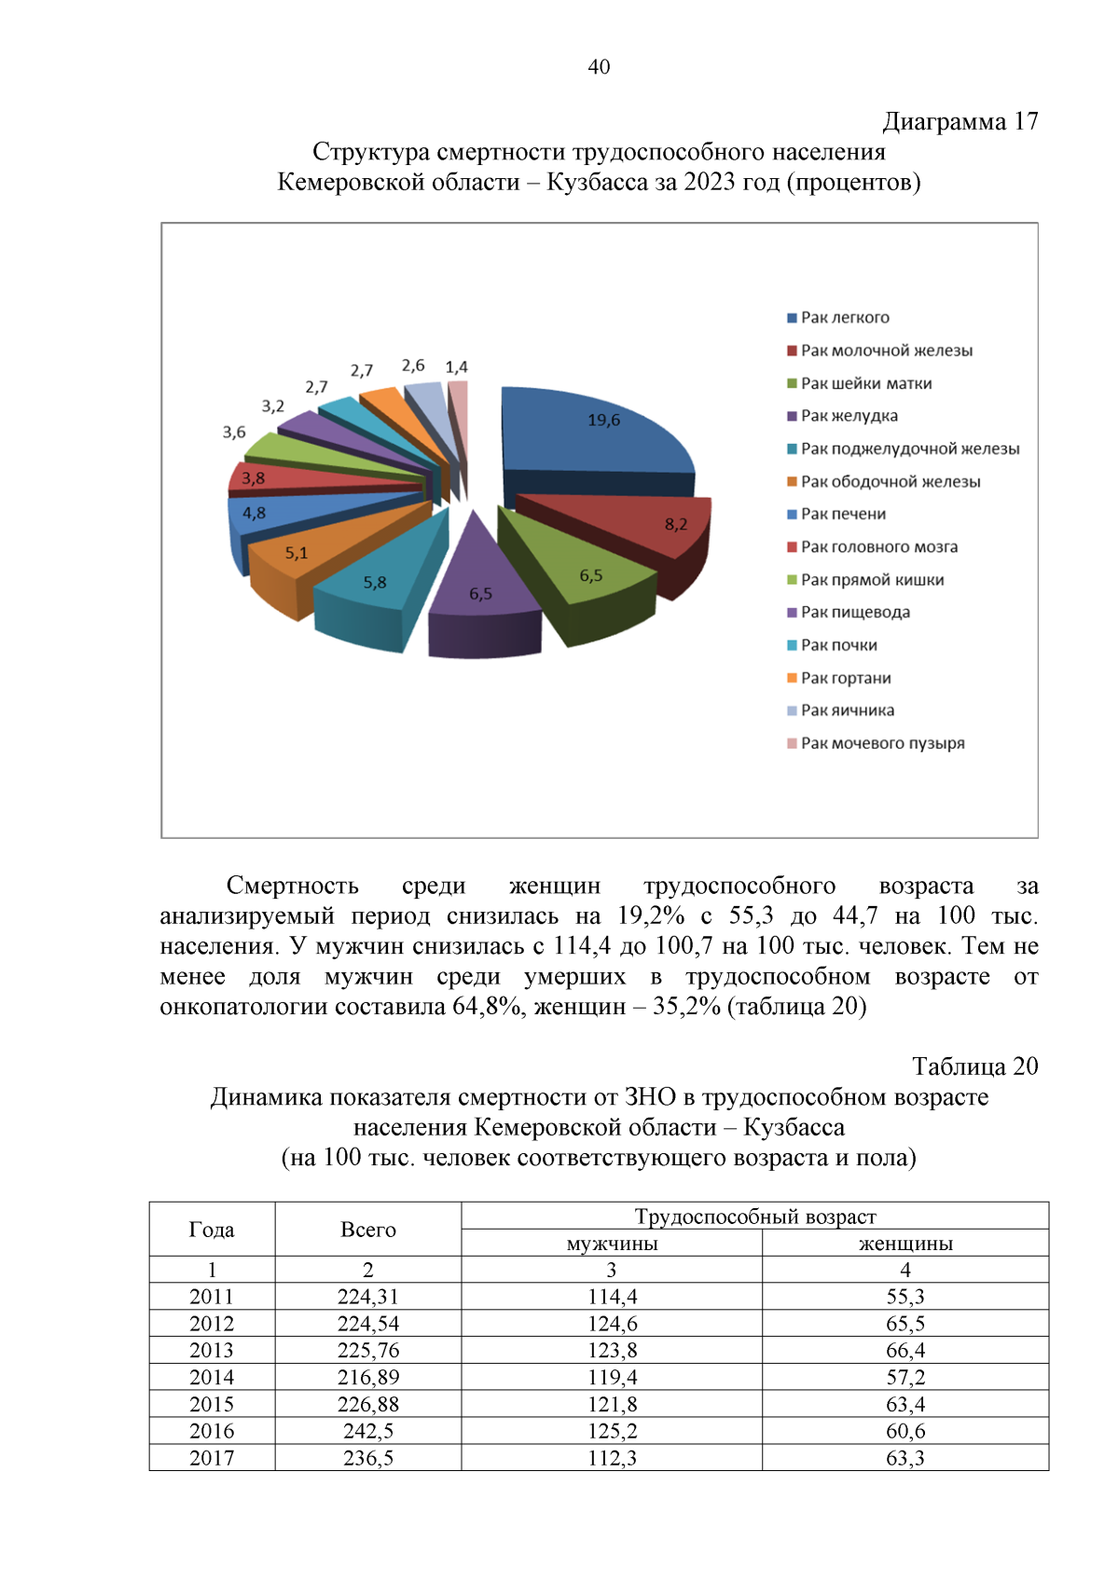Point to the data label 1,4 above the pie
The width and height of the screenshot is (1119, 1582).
pos(456,367)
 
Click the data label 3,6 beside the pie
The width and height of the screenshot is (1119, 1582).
pos(234,433)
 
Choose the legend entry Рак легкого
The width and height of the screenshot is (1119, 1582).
pos(844,318)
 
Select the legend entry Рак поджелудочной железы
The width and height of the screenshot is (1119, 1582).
pos(909,449)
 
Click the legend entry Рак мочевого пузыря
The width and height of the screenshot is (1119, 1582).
pos(882,744)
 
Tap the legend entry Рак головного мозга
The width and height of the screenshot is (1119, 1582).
pos(878,547)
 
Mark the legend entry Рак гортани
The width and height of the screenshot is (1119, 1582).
pos(845,679)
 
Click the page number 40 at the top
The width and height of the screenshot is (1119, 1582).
pos(599,67)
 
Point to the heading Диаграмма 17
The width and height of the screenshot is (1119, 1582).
pos(960,122)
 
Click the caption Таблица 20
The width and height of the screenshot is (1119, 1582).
pos(974,1066)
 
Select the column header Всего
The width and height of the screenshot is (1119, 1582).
pos(368,1230)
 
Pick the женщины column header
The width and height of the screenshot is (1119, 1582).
pos(905,1244)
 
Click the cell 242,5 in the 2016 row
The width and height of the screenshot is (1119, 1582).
pos(368,1431)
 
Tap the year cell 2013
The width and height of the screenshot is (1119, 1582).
pos(212,1351)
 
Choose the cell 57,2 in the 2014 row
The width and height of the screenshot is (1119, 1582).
pos(905,1378)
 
